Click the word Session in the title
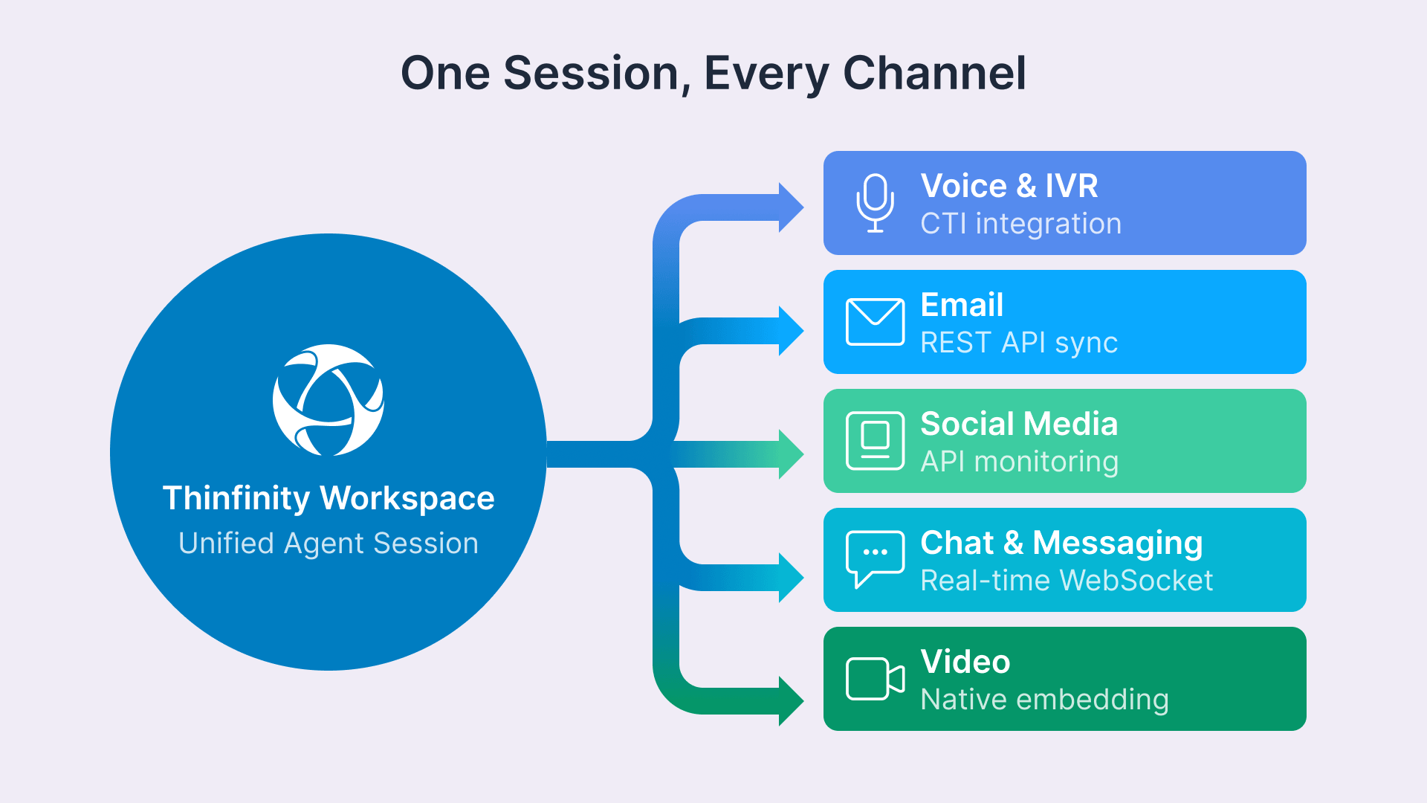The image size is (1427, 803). (591, 73)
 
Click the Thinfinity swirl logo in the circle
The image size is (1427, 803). (328, 400)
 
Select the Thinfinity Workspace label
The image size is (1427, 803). (328, 497)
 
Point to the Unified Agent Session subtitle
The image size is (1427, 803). (328, 543)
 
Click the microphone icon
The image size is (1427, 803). (875, 203)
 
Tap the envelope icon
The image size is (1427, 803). (875, 322)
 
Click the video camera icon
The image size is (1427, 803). (875, 678)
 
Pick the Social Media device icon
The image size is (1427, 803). (875, 441)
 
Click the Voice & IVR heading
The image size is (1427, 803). (1009, 185)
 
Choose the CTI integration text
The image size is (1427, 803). (1020, 224)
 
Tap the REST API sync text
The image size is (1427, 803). (1018, 343)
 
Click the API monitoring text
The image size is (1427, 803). (1019, 462)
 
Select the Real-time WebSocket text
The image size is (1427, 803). (1066, 581)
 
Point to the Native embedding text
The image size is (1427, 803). (1044, 700)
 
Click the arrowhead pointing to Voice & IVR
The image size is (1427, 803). (790, 207)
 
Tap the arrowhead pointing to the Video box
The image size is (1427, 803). (790, 700)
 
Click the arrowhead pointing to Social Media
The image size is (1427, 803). (790, 454)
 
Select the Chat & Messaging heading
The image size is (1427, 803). (1061, 542)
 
